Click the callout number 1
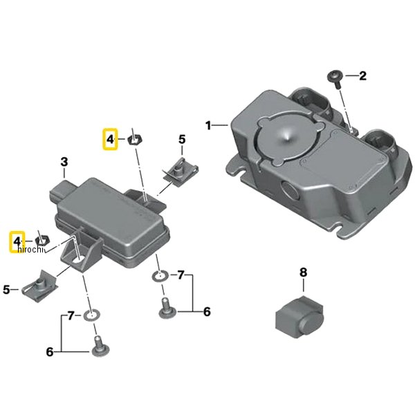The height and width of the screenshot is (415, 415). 209,125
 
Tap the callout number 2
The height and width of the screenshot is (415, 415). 362,76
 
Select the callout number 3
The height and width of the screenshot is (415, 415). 64,162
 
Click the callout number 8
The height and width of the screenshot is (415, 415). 304,273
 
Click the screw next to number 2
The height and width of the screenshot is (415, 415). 335,80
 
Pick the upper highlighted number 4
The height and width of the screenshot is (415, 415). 110,139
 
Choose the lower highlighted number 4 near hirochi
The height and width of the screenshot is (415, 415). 17,241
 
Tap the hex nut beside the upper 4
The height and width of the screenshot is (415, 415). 135,139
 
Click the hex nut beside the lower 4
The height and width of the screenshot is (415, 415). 42,240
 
